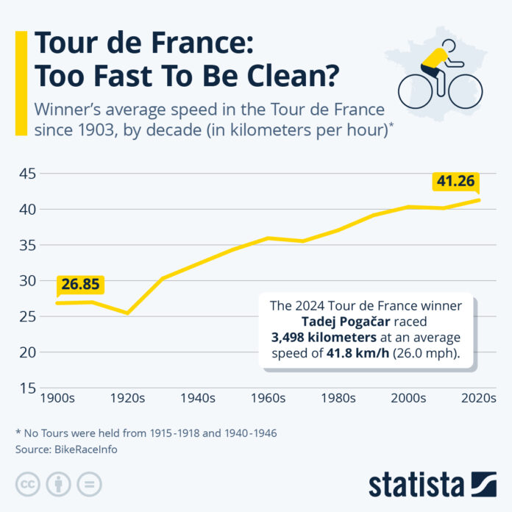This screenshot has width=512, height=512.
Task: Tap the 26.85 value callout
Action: pyautogui.click(x=81, y=285)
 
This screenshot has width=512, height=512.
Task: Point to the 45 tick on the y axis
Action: pyautogui.click(x=26, y=174)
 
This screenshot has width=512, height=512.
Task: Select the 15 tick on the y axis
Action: pyautogui.click(x=26, y=388)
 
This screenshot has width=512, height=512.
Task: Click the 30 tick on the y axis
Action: pyautogui.click(x=26, y=280)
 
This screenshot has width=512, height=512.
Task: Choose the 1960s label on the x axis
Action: pyautogui.click(x=269, y=398)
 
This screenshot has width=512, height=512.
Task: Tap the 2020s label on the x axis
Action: pyautogui.click(x=477, y=398)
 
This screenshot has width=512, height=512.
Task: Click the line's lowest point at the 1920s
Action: pyautogui.click(x=127, y=313)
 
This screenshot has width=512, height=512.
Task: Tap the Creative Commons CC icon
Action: pyautogui.click(x=27, y=483)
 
